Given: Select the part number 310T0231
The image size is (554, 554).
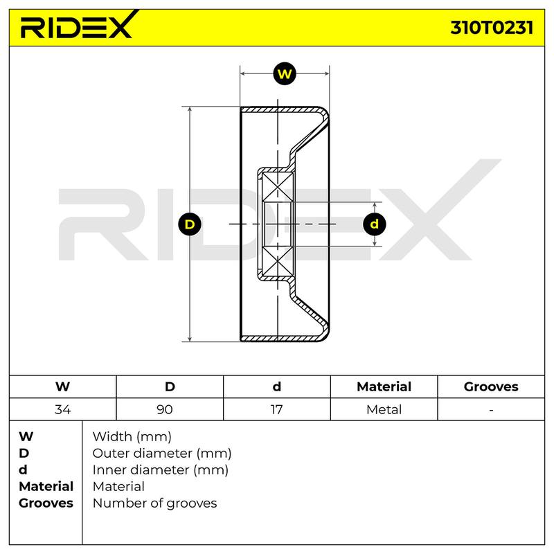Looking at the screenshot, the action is (x=492, y=28).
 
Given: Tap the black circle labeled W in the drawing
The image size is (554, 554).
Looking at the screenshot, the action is (x=285, y=74).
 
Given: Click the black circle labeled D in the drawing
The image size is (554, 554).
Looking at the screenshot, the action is (x=190, y=224).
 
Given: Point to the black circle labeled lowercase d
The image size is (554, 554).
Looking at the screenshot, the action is (x=375, y=224).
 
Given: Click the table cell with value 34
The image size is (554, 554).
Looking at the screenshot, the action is (x=63, y=409).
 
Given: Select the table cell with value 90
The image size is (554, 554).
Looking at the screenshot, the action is (x=170, y=409).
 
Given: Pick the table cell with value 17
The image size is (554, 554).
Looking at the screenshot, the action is (x=277, y=409).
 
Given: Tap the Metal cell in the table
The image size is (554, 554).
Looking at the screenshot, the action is (x=384, y=409).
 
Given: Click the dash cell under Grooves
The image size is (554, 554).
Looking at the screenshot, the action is (x=491, y=409).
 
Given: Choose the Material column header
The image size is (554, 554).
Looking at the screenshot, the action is (x=384, y=386).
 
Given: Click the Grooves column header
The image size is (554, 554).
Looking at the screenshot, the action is (x=491, y=386).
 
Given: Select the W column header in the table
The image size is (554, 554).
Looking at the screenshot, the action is (x=63, y=386).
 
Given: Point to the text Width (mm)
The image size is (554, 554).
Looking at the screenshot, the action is (x=132, y=437).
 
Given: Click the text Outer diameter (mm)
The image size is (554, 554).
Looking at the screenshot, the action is (x=162, y=454).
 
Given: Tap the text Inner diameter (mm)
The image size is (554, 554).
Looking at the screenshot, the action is (x=161, y=470).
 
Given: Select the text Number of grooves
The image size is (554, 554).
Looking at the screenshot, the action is (x=154, y=503).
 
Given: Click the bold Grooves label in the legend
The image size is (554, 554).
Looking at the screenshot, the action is (x=46, y=503).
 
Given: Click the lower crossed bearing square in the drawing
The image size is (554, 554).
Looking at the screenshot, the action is (x=278, y=262).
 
